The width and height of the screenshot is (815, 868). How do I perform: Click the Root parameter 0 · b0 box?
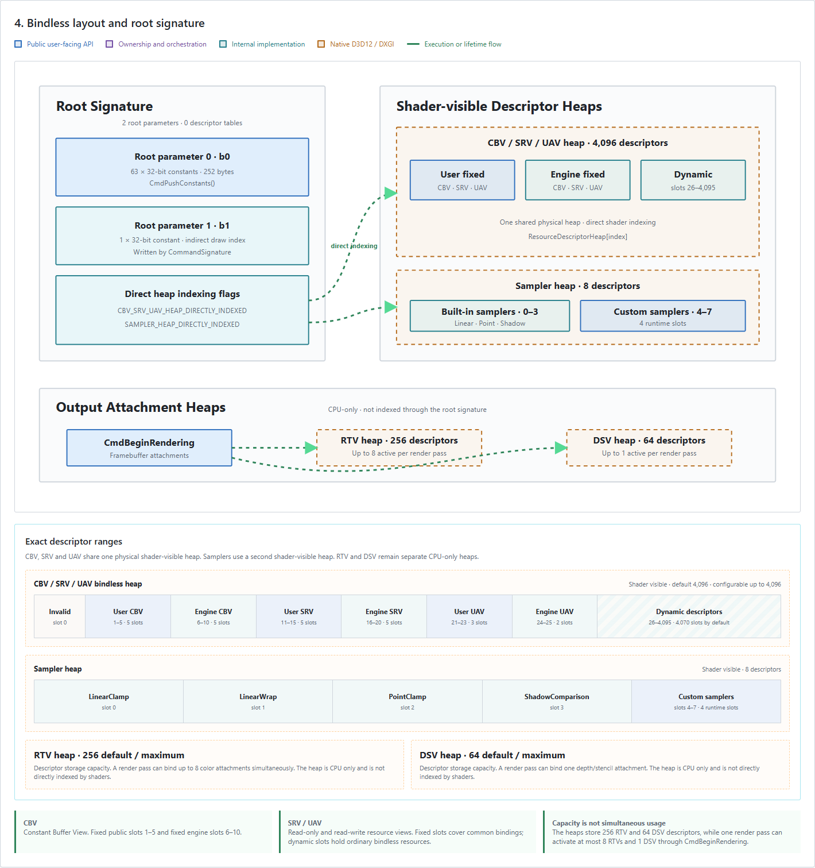coord(182,167)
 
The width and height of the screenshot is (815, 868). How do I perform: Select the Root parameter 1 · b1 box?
coord(182,236)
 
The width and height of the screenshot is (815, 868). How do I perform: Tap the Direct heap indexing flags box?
coord(182,310)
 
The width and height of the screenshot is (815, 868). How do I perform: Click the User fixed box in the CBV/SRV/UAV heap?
coord(462,180)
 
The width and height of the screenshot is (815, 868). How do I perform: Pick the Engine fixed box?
coord(577,180)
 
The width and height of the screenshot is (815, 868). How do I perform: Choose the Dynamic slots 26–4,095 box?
coord(693,180)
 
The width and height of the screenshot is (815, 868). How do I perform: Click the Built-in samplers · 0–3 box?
coord(490,316)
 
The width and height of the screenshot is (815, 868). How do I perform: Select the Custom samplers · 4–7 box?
coord(662,316)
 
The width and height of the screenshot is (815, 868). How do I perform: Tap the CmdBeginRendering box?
coord(149,448)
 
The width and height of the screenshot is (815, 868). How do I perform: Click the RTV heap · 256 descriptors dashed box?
coord(399,448)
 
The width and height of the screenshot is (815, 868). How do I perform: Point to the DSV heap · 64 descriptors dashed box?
coord(649,448)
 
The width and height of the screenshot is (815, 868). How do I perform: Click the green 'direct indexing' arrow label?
coord(354,246)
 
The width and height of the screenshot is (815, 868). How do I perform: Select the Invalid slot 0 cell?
coord(60,616)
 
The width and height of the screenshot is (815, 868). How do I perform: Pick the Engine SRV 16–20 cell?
coord(384,616)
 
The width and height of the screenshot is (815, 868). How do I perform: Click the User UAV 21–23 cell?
coord(469,616)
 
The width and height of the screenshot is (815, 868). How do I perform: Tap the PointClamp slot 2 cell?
coord(407,701)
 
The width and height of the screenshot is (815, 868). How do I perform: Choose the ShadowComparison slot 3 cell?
coord(557,701)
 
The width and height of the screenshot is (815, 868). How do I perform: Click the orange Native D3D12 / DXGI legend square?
coord(321,44)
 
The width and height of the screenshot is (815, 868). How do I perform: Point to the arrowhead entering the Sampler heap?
coord(390,307)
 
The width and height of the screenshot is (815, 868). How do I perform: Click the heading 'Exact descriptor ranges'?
coord(74,542)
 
